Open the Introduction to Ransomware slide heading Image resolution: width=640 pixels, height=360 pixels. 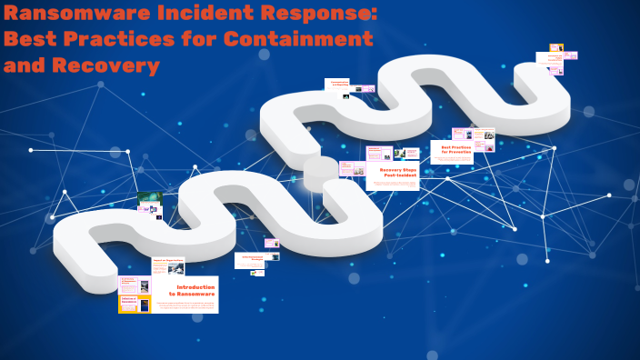point(195,290)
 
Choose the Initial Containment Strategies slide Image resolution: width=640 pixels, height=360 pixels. point(249,259)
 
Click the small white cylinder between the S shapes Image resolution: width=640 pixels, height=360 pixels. point(320,172)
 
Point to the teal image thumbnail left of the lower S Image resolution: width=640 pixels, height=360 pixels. point(149,199)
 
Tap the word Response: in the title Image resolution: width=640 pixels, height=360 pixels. point(312,14)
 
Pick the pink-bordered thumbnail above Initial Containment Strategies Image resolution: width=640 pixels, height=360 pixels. point(271,243)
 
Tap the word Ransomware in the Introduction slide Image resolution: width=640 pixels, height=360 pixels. point(197,295)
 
